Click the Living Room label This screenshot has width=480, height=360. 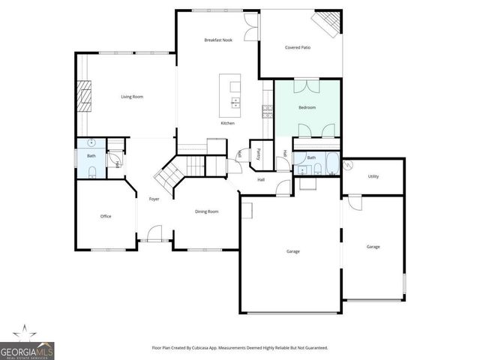(132, 97)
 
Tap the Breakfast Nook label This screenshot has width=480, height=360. (218, 40)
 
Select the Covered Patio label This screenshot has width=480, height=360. (298, 47)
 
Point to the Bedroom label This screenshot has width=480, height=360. (307, 108)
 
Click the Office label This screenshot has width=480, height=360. (106, 216)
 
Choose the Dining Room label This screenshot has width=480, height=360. (207, 211)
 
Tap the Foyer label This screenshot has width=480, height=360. (154, 199)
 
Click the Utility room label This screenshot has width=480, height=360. (373, 176)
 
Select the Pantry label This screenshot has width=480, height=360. (258, 153)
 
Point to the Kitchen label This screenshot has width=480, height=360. (227, 123)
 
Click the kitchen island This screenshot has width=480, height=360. (230, 91)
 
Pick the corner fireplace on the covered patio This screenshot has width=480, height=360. (327, 22)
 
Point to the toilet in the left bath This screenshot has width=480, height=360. (91, 172)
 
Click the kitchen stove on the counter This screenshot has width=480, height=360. (267, 112)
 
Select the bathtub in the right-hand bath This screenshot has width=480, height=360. (329, 164)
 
